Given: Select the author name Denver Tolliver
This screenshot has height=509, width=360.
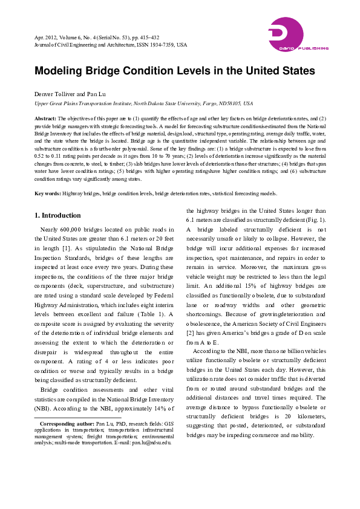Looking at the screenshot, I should pyautogui.click(x=56, y=95).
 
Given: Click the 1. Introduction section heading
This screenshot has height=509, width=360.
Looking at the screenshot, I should pyautogui.click(x=57, y=215).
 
